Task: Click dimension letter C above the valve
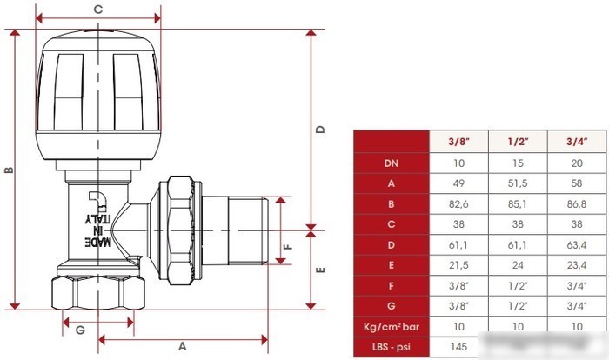click(98, 9)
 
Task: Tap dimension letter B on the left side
click(9, 170)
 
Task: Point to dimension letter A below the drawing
click(182, 346)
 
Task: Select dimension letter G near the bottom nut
click(80, 330)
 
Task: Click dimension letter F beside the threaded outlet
click(288, 246)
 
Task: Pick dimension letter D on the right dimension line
click(320, 130)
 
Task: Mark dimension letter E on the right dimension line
click(320, 270)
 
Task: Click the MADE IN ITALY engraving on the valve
click(97, 230)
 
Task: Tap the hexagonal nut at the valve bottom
click(98, 292)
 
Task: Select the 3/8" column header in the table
click(458, 142)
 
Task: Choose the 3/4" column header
click(577, 142)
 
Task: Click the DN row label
click(391, 163)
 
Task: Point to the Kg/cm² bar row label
click(391, 327)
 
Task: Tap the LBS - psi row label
click(391, 347)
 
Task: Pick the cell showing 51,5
click(518, 183)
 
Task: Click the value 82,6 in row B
click(458, 203)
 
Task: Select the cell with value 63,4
click(577, 245)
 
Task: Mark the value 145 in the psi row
click(458, 347)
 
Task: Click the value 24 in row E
click(518, 265)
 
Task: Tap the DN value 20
click(577, 163)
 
